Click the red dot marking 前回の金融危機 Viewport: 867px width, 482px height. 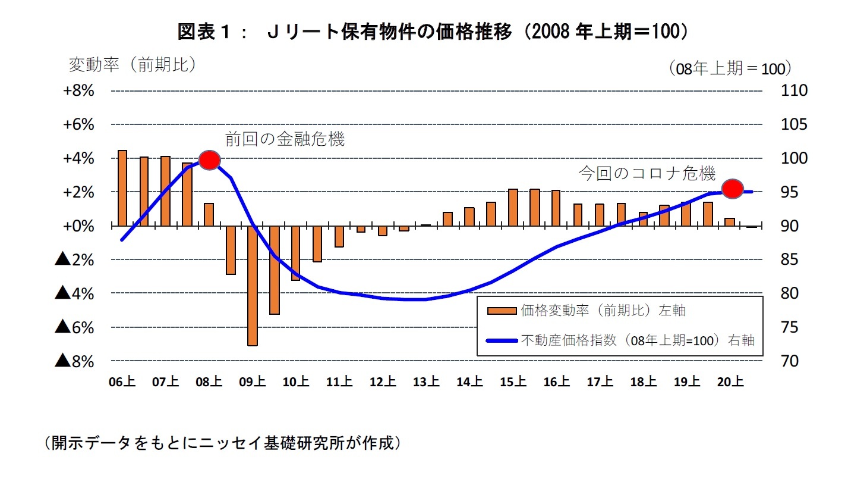209,159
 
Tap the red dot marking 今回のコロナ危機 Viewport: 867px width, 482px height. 733,189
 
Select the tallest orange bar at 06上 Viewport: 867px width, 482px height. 122,188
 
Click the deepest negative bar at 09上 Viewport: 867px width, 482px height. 253,286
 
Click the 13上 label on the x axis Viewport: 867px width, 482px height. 426,382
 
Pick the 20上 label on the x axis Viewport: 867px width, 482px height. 730,382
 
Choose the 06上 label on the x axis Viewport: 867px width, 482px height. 122,382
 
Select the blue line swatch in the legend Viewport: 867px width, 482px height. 502,341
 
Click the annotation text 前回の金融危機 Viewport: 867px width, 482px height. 285,140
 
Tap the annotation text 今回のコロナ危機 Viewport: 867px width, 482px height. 647,174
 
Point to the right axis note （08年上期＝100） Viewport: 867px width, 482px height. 729,68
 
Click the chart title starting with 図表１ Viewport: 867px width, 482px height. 433,32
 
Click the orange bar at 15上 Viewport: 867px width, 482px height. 513,207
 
